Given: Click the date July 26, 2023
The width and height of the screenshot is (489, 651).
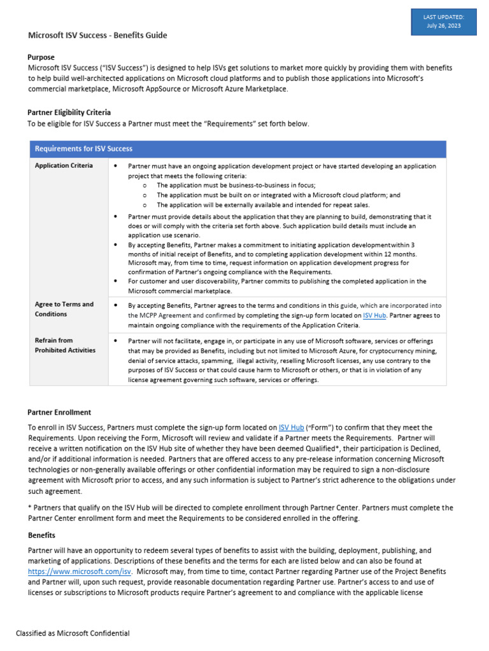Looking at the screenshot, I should pyautogui.click(x=443, y=25).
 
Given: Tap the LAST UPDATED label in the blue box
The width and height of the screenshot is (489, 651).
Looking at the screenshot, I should pyautogui.click(x=443, y=17).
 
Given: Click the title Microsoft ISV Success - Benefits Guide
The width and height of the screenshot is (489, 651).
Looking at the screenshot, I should pyautogui.click(x=97, y=36).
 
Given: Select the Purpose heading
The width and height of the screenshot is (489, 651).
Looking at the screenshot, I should pyautogui.click(x=41, y=57).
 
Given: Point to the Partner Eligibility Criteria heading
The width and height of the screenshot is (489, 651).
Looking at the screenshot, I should pyautogui.click(x=69, y=113).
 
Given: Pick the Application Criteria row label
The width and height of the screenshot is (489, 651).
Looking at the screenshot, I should pyautogui.click(x=64, y=166).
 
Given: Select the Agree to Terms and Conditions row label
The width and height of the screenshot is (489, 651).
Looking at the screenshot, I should pyautogui.click(x=64, y=309).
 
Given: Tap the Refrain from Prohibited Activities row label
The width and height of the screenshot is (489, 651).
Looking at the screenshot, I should pyautogui.click(x=65, y=346).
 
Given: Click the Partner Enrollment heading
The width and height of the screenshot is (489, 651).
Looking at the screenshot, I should pyautogui.click(x=59, y=413).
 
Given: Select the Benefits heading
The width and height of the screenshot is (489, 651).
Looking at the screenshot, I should pyautogui.click(x=41, y=535).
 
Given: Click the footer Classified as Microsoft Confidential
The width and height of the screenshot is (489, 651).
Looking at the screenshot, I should pyautogui.click(x=73, y=633).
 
